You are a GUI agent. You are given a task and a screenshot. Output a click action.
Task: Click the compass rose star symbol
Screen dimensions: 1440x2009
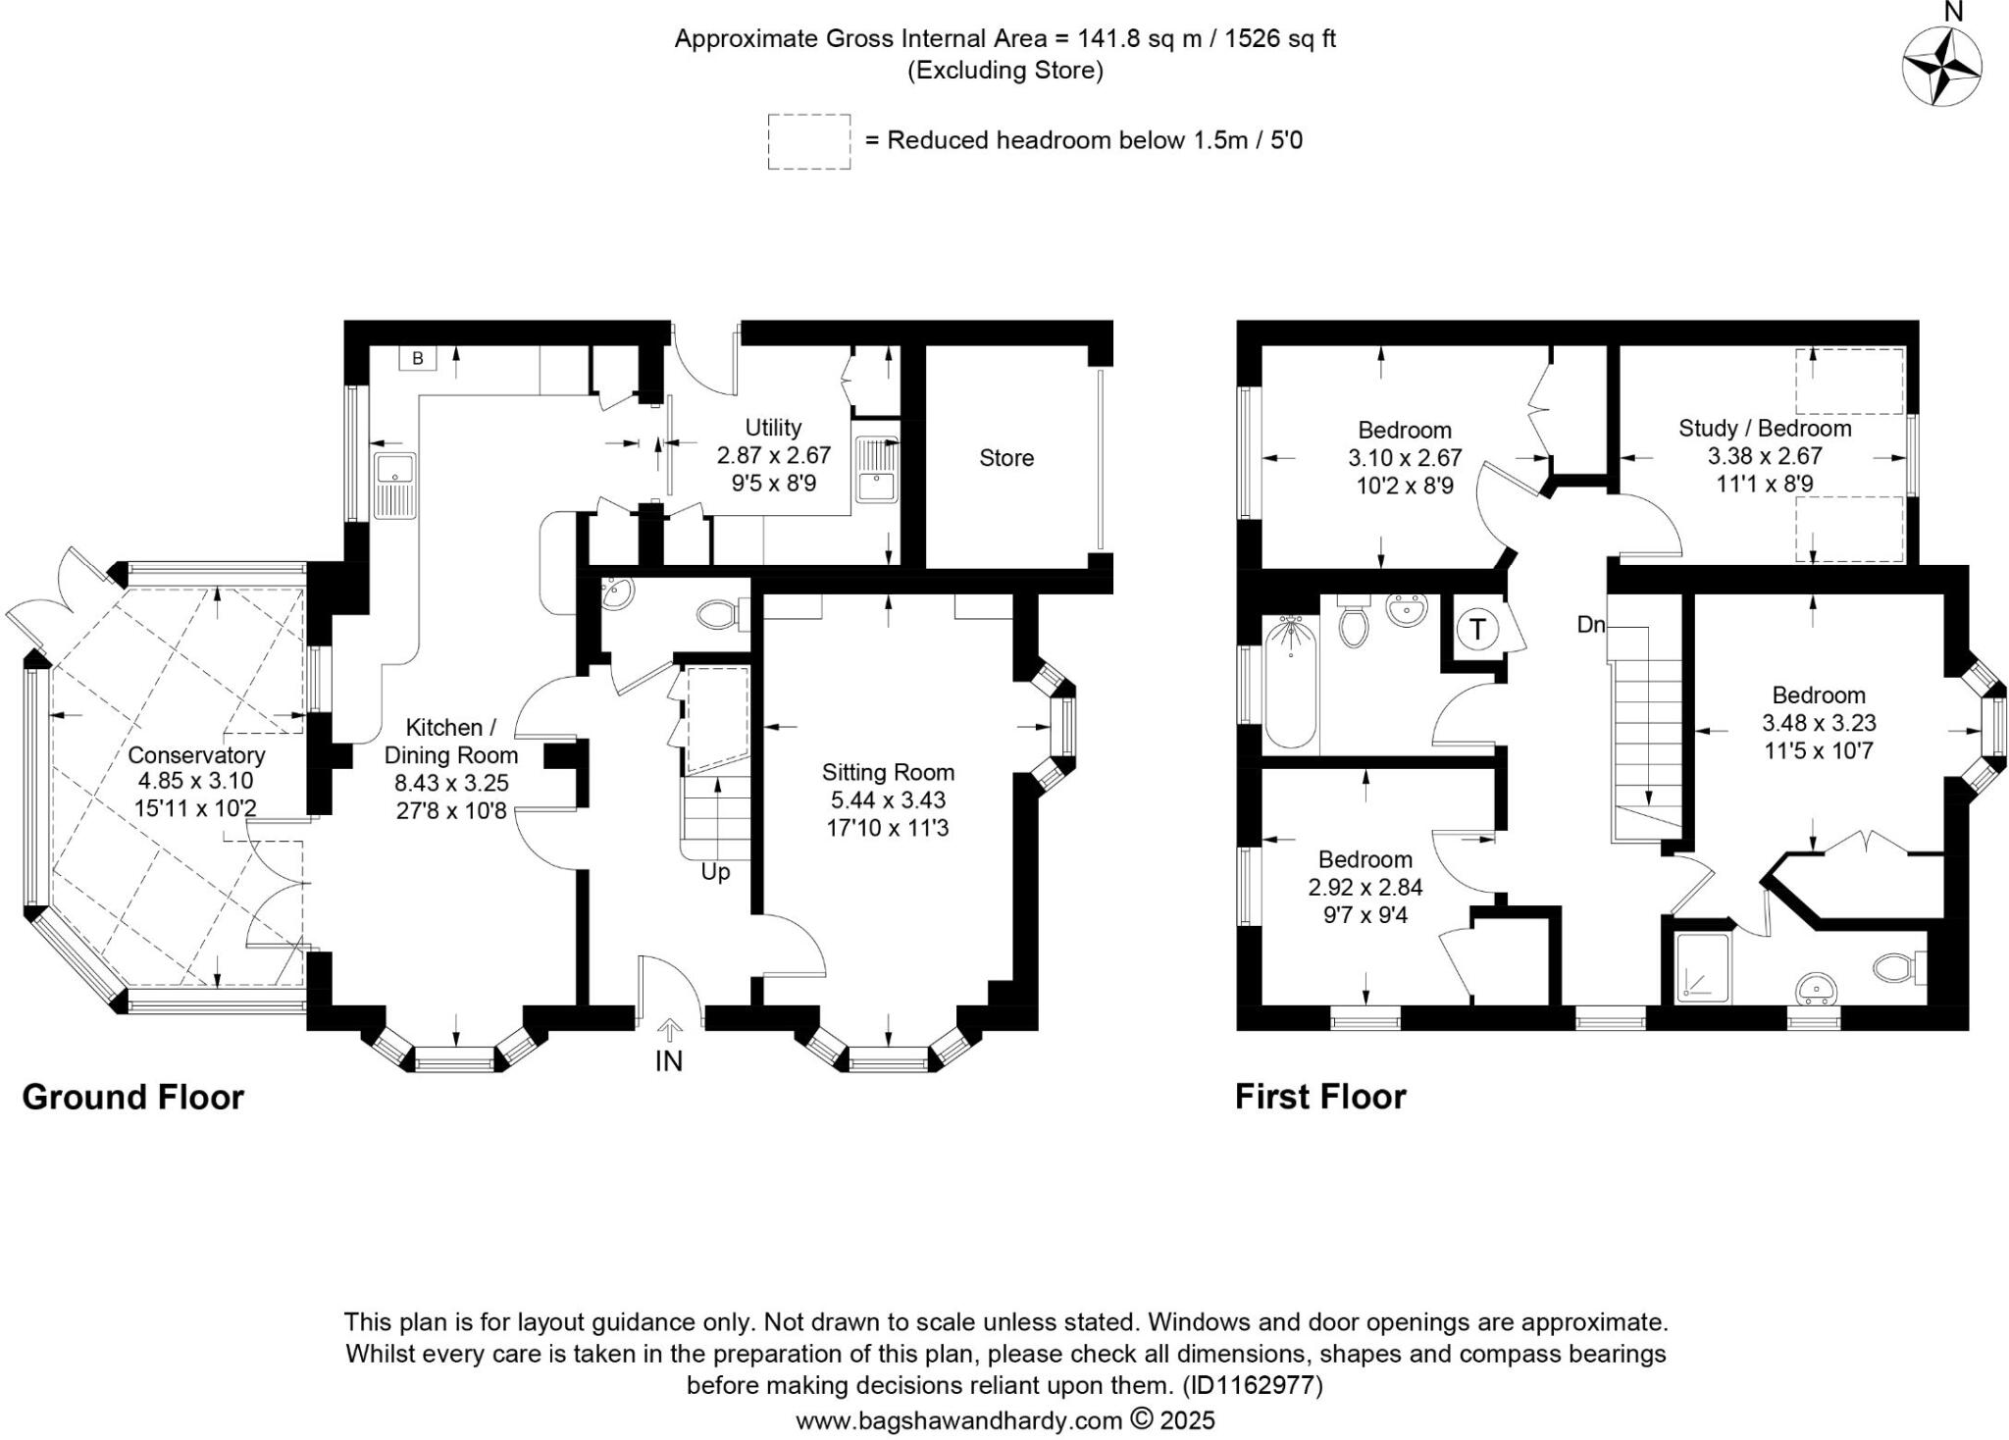1941,67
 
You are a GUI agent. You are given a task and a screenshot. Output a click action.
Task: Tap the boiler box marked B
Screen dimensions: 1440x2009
417,358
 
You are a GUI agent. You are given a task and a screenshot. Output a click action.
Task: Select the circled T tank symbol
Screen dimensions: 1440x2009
1477,628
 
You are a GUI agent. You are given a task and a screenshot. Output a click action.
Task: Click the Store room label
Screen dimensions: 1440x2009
1005,458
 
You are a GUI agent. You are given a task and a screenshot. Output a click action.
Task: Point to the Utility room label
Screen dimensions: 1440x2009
773,428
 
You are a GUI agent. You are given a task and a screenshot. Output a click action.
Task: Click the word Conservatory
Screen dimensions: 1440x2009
196,754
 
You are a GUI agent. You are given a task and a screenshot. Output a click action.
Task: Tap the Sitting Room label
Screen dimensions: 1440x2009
888,772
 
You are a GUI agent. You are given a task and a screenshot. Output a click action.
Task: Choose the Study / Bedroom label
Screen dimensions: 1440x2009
1764,429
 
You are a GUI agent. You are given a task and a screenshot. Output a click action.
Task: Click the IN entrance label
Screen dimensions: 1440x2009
669,1060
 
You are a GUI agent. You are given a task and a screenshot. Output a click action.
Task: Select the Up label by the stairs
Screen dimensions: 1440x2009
715,872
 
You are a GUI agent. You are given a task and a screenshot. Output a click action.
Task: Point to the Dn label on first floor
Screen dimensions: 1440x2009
1590,624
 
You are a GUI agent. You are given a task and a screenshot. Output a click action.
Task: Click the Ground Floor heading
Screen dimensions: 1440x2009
132,1097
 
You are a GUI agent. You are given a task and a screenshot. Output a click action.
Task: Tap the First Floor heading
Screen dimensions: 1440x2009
1319,1097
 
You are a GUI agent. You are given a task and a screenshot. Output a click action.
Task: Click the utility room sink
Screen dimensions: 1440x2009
876,469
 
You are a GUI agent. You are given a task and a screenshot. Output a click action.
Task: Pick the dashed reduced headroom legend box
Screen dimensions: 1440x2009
808,142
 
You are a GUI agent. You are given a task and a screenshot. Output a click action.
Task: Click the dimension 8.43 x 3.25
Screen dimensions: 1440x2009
451,783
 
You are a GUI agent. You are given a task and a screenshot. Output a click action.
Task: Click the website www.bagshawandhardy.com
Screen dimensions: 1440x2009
958,1420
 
